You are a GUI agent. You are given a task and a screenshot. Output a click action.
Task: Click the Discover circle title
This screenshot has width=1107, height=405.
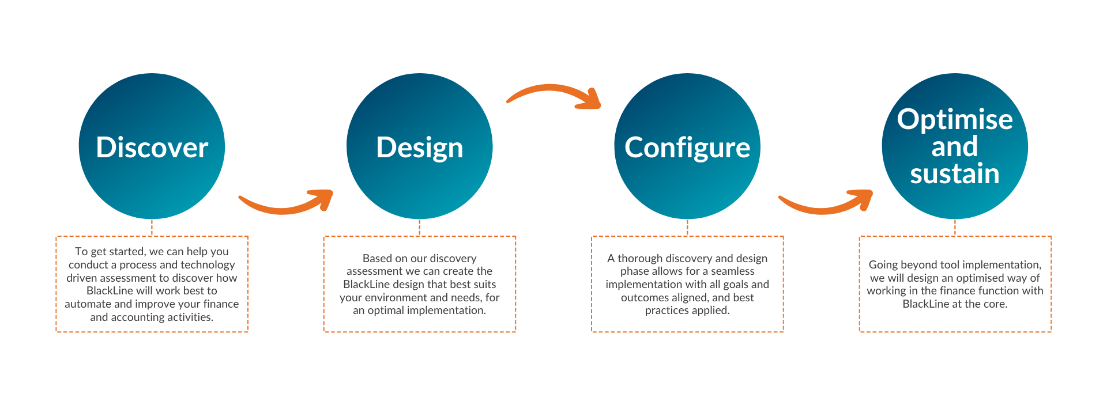152,147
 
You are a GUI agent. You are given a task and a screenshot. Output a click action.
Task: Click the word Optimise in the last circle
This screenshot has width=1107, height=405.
955,120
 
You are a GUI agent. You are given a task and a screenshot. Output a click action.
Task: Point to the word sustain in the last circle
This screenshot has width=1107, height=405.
955,174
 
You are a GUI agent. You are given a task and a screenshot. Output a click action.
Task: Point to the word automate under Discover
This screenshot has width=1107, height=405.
88,304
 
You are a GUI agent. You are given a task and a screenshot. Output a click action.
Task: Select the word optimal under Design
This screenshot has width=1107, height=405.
386,311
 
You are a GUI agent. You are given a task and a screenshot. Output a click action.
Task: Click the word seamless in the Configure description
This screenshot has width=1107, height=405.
733,271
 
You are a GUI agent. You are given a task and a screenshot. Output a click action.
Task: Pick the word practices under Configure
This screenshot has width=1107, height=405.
667,311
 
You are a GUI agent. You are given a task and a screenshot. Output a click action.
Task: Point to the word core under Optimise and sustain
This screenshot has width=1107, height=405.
995,304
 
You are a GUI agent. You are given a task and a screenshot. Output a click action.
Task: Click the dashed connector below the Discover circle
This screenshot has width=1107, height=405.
152,228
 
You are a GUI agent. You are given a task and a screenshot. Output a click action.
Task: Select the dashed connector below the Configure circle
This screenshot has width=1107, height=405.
687,228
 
